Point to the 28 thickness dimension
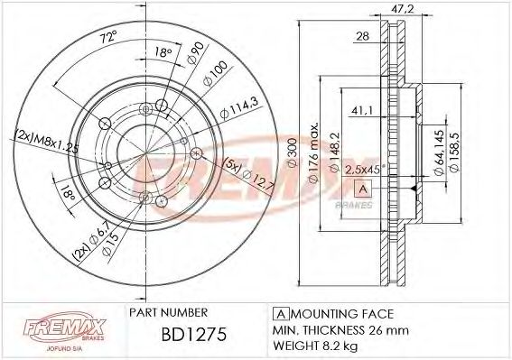pyautogui.click(x=361, y=36)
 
